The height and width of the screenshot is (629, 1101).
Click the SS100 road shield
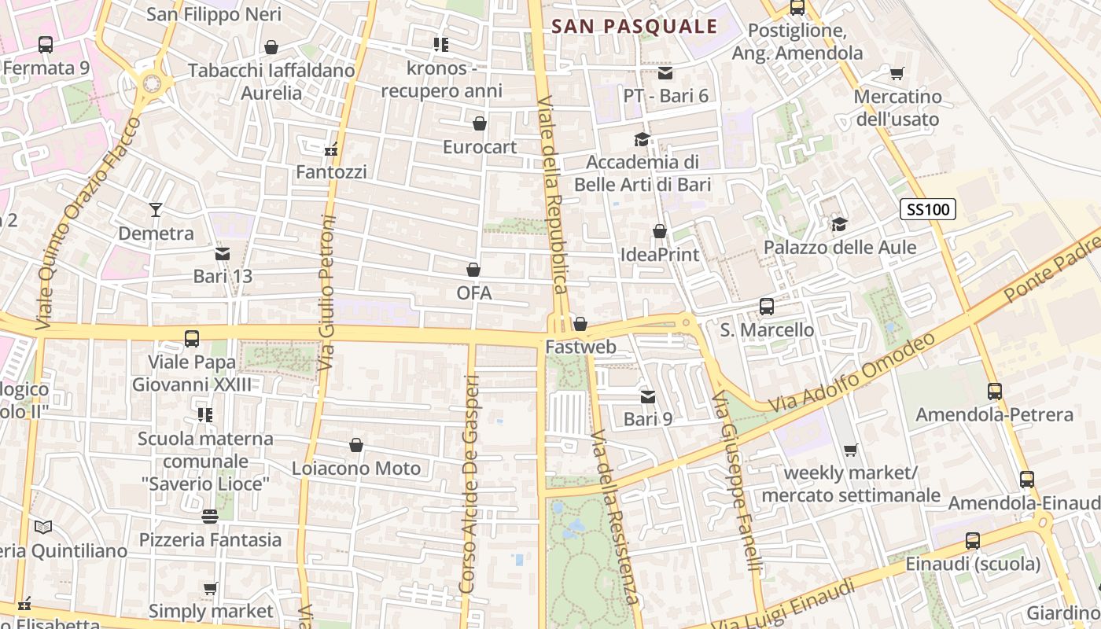[x=928, y=209]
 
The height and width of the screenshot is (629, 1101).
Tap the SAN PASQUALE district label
[x=634, y=26]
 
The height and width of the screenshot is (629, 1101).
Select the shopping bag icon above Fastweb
[x=580, y=324]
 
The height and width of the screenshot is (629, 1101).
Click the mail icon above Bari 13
[x=223, y=254]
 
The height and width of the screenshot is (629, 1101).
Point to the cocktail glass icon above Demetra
[x=156, y=210]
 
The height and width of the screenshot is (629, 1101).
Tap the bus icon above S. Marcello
[x=767, y=307]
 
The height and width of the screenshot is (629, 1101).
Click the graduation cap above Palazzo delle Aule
[x=840, y=224]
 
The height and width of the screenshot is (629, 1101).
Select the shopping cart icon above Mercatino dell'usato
[x=897, y=74]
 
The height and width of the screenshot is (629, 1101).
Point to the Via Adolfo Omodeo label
[x=852, y=372]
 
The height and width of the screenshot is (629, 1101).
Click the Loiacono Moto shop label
[x=356, y=469]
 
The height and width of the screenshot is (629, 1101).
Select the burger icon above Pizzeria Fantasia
[x=209, y=517]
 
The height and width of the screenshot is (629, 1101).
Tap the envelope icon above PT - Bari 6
[x=665, y=73]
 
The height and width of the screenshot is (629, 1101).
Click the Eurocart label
[x=480, y=147]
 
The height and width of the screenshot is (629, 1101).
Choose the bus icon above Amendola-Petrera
[x=995, y=391]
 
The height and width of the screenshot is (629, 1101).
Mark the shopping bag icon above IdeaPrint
[x=660, y=231]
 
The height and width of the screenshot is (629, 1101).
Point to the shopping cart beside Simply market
[x=210, y=588]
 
